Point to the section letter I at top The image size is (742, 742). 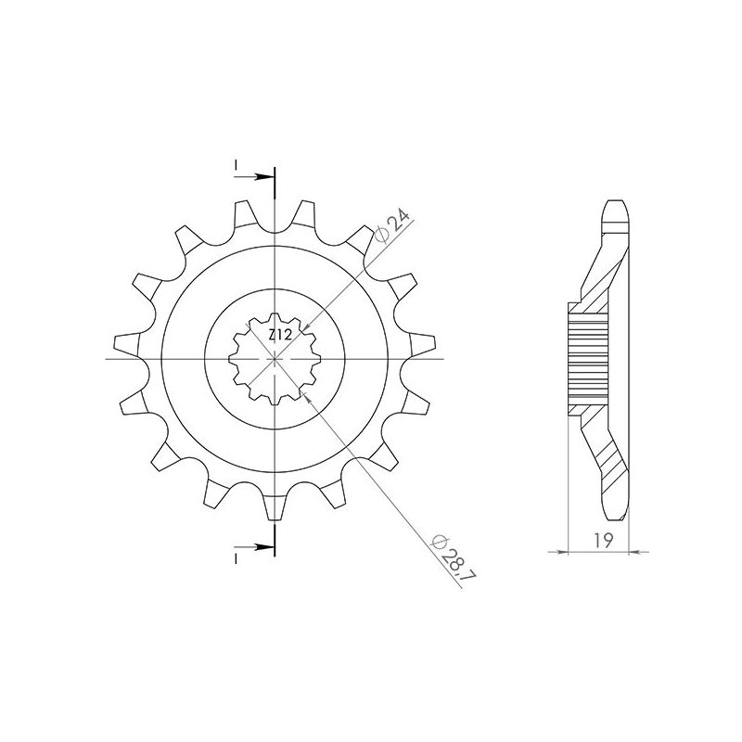click(237, 167)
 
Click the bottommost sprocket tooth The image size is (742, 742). click(275, 505)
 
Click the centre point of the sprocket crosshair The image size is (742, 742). click(275, 359)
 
